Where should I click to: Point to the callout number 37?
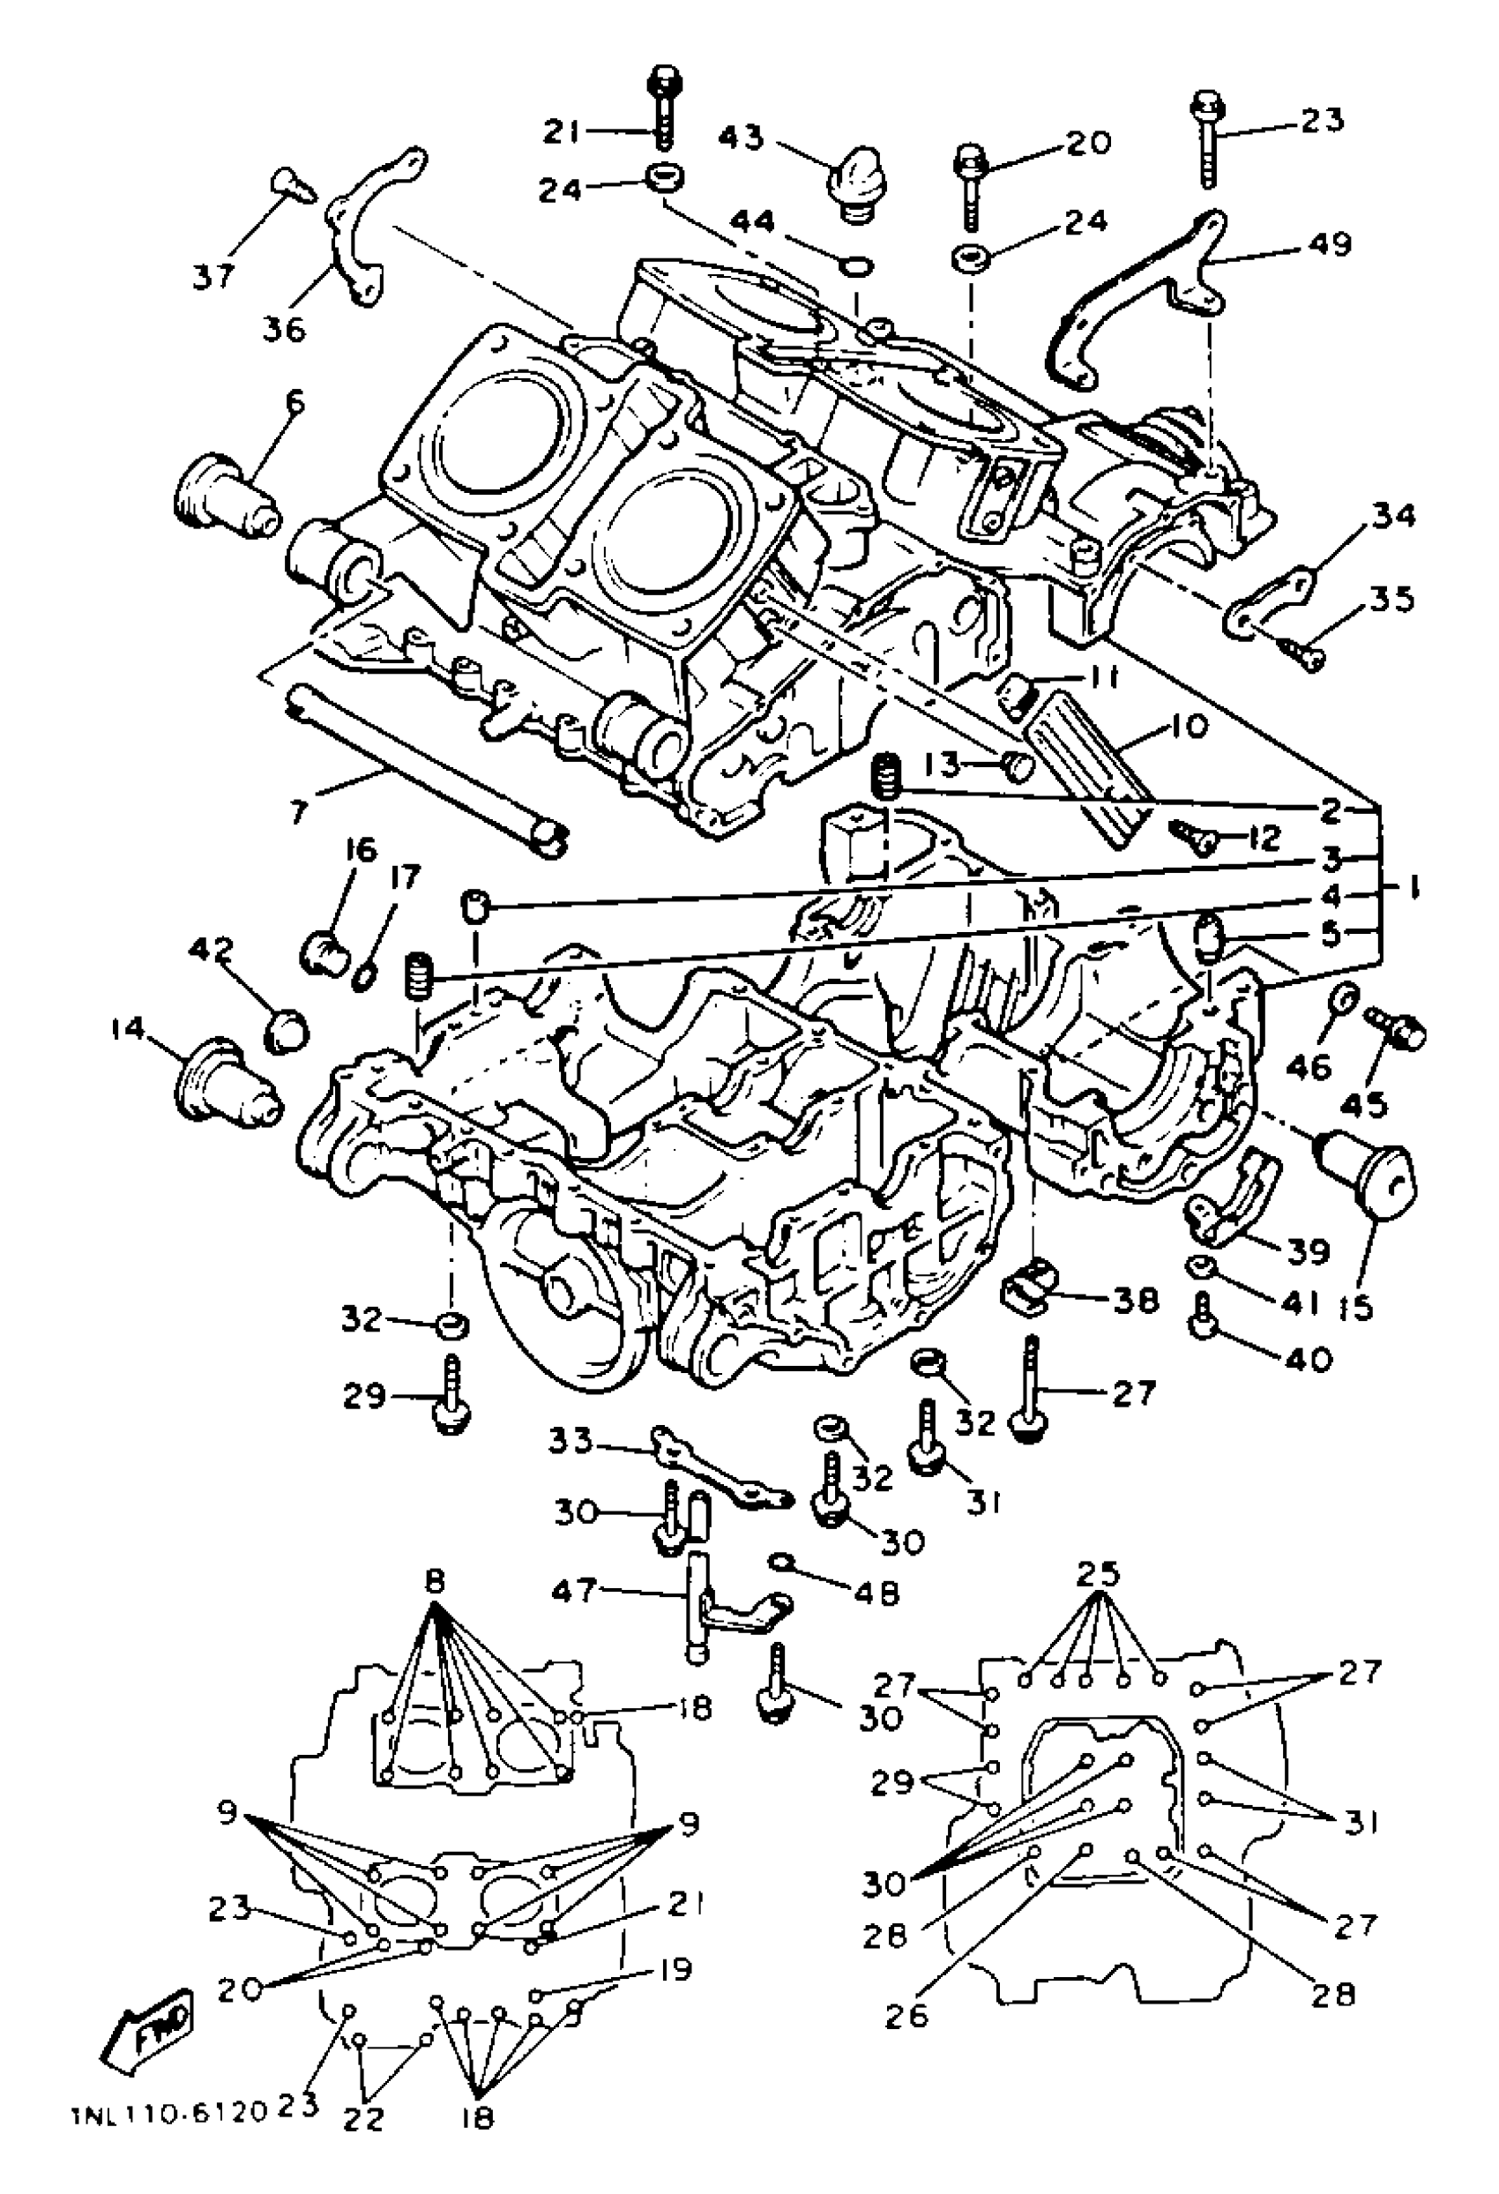[x=214, y=278]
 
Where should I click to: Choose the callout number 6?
[x=295, y=403]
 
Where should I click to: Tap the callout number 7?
[x=297, y=810]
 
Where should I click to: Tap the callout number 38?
[x=1135, y=1301]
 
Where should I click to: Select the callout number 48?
[x=878, y=1593]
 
